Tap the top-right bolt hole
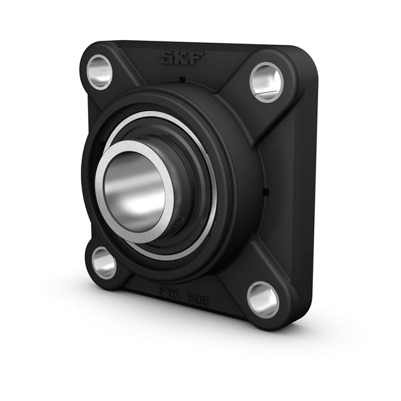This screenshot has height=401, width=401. tap(266, 82)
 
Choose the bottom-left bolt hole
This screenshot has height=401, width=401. tap(104, 262)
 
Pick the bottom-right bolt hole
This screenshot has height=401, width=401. tap(263, 299)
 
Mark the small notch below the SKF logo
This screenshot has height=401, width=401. tap(182, 80)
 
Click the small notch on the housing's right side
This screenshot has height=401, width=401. tap(266, 193)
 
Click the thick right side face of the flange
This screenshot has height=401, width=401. tap(304, 194)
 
